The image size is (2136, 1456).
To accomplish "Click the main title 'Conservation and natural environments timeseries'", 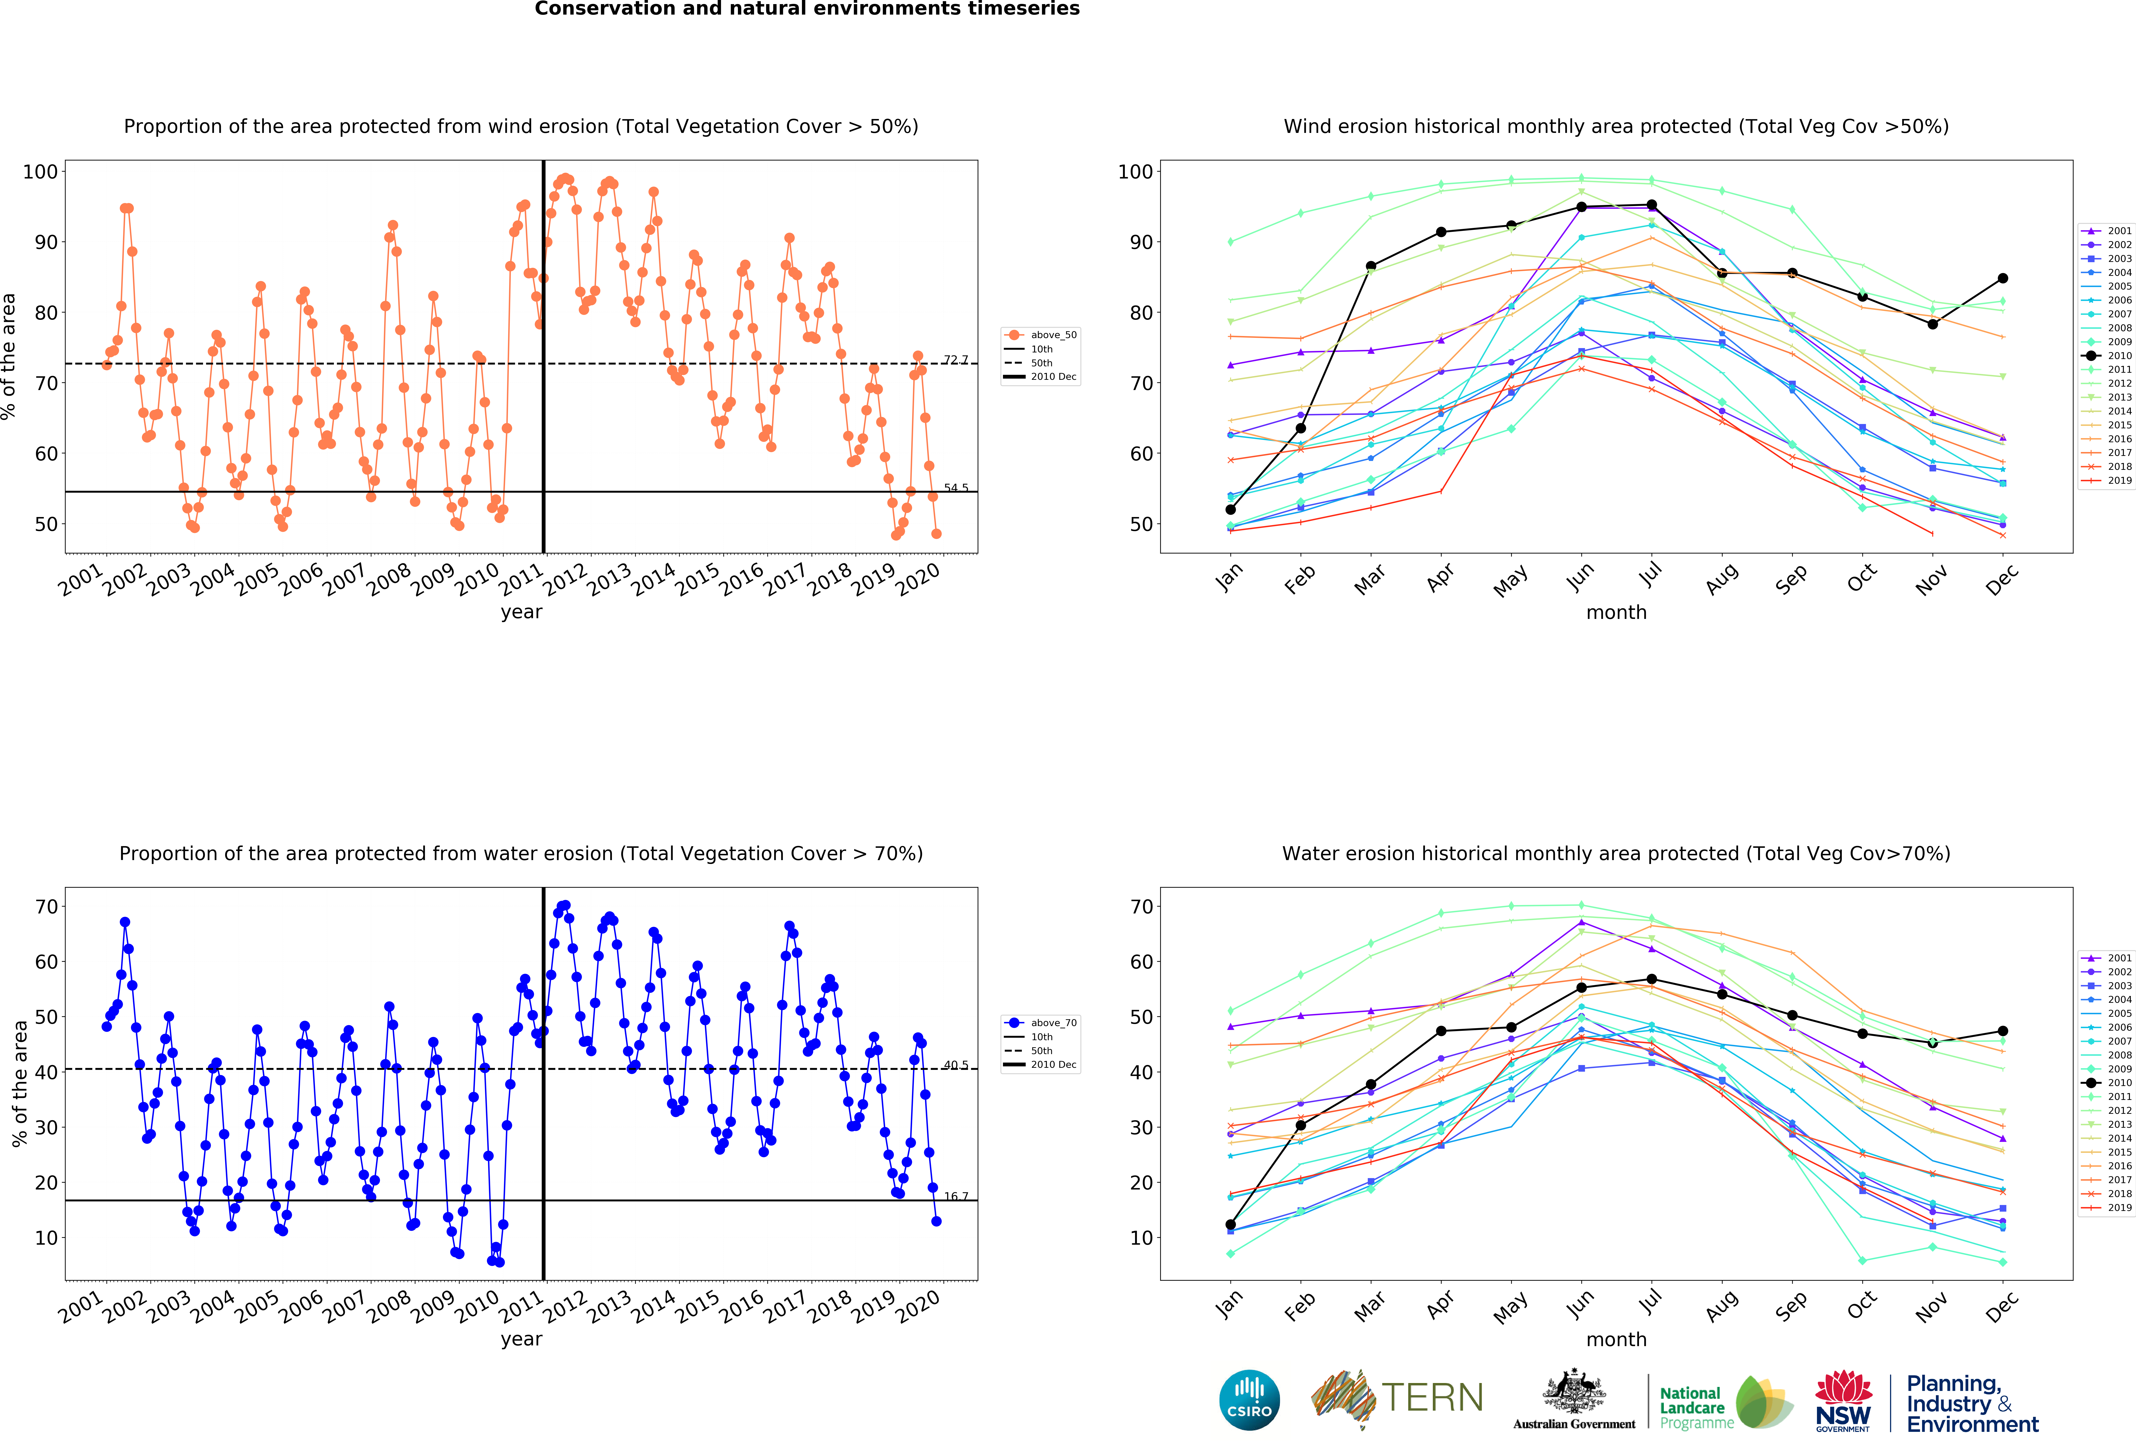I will click(x=807, y=9).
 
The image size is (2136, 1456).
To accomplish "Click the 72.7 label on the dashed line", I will click(x=956, y=359).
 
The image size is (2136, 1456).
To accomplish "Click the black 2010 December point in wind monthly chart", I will click(x=2003, y=279).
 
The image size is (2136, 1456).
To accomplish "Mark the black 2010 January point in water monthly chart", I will click(x=1231, y=1224).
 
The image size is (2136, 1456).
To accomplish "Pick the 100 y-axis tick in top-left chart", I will click(x=40, y=172).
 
